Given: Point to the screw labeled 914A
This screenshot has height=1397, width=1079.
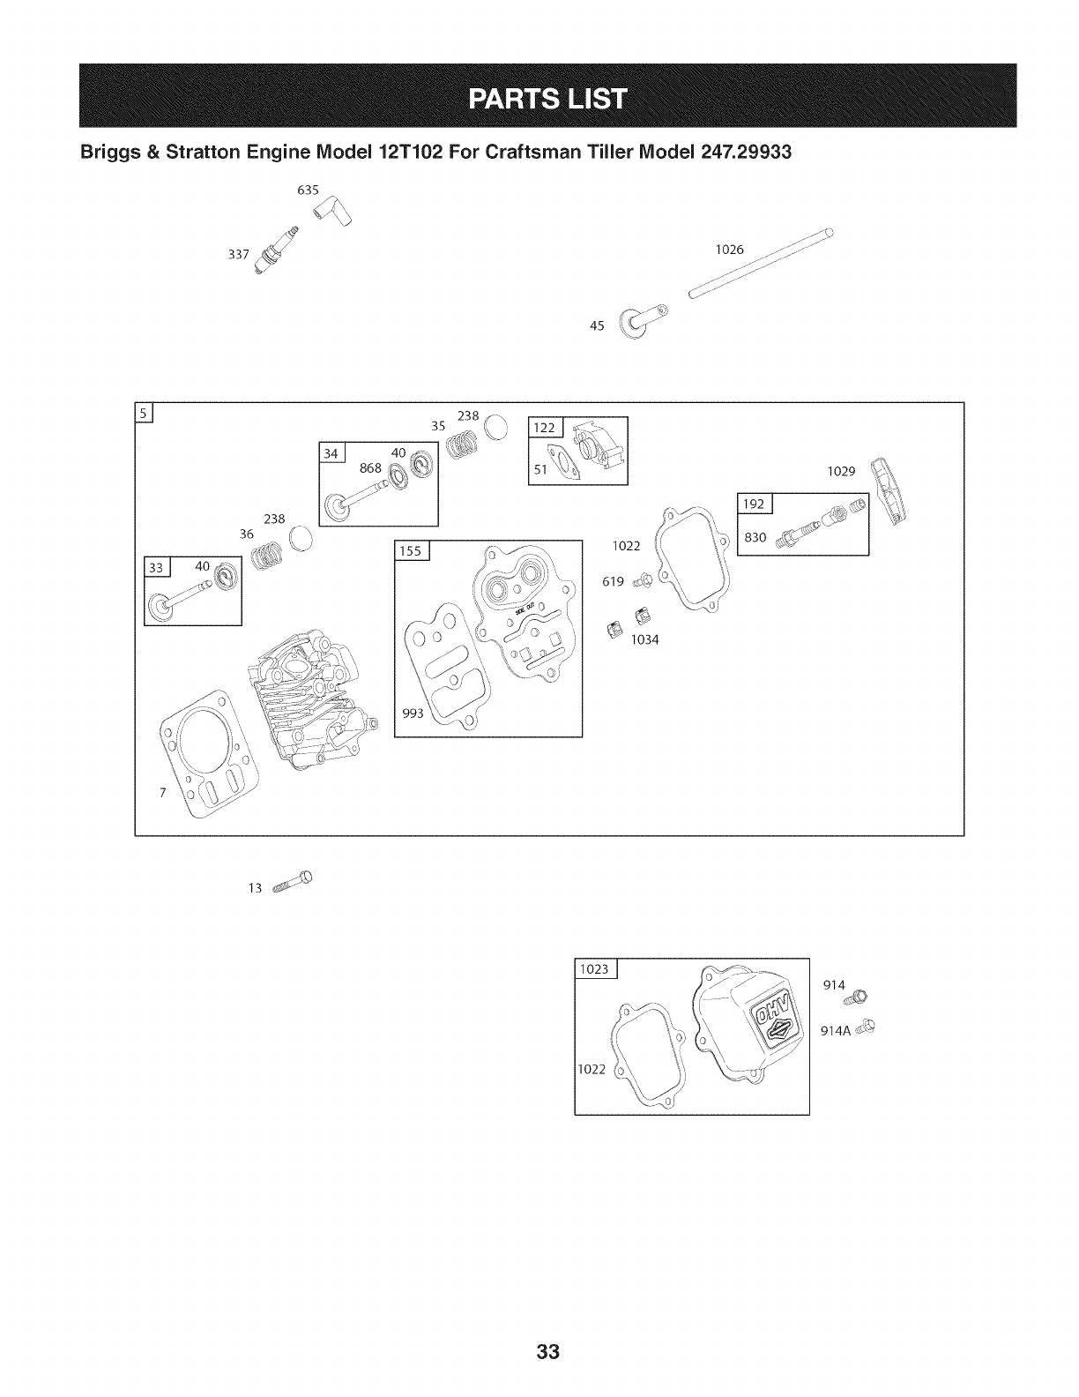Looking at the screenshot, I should click(x=867, y=1026).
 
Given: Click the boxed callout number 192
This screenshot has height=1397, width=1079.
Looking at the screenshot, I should click(x=754, y=504).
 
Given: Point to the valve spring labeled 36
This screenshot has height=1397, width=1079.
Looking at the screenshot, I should click(x=263, y=556).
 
